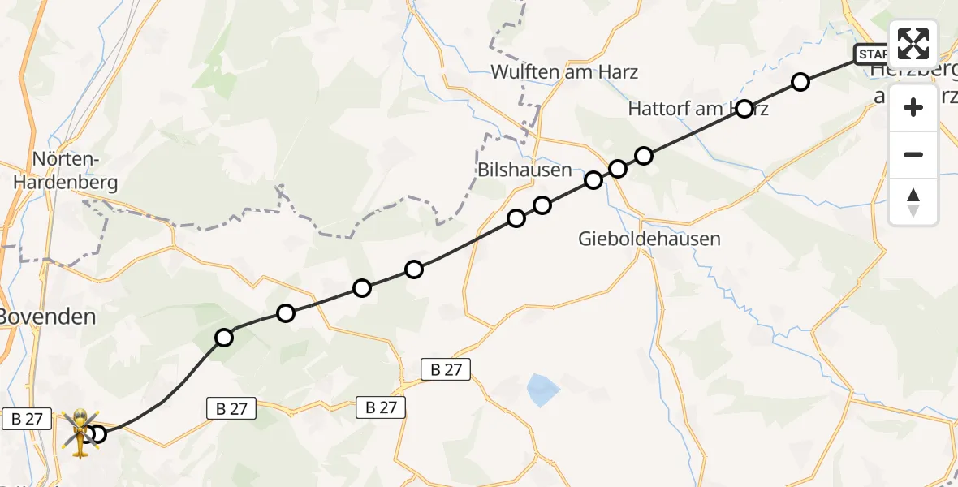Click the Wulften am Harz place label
564,72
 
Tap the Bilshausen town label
524,170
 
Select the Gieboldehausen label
638,239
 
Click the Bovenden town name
47,317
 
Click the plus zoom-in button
913,107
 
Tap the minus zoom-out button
913,154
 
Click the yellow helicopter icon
80,432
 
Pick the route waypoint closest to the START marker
800,82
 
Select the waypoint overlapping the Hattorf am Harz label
744,109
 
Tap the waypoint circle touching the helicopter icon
97,434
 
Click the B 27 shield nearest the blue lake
446,370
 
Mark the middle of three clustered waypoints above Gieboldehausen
618,169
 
